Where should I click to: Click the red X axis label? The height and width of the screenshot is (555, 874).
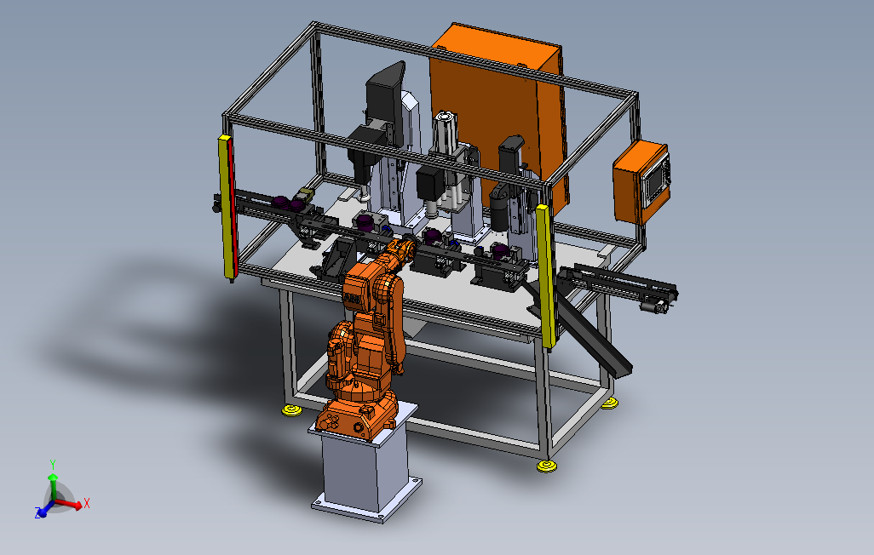pyautogui.click(x=86, y=504)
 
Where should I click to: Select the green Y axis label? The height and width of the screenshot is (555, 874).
pyautogui.click(x=53, y=464)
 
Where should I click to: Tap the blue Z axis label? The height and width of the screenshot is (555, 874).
pyautogui.click(x=37, y=512)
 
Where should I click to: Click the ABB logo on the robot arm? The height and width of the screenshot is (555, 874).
pyautogui.click(x=353, y=300)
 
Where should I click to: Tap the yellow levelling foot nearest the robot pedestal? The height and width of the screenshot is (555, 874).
pyautogui.click(x=291, y=410)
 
